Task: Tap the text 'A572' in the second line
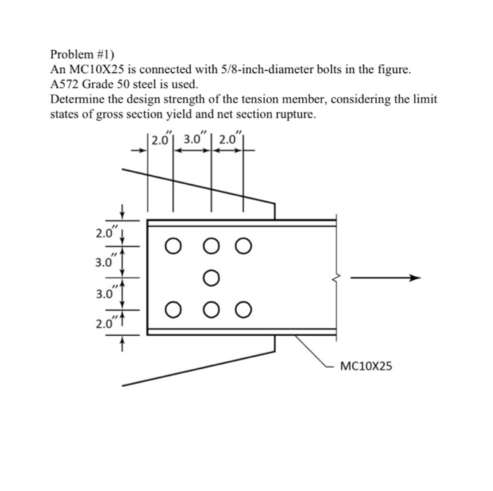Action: (x=66, y=85)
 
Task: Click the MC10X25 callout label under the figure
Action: (x=366, y=366)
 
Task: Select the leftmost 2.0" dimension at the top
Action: (x=161, y=139)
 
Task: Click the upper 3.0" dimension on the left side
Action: (x=104, y=263)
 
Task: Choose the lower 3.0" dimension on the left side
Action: (x=104, y=294)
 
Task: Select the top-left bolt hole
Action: (x=173, y=246)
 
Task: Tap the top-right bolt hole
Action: (x=243, y=246)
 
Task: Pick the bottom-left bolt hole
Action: (x=173, y=309)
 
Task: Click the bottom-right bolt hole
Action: (x=243, y=309)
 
